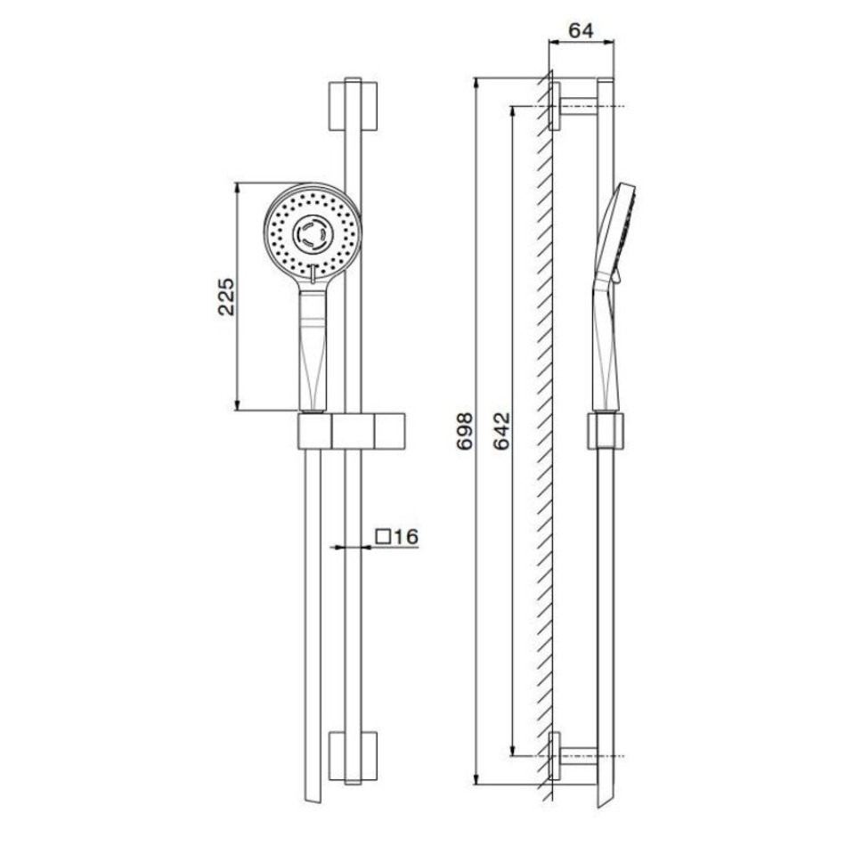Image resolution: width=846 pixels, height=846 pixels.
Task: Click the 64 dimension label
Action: pos(581,30)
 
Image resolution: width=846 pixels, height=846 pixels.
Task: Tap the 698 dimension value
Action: pos(465,431)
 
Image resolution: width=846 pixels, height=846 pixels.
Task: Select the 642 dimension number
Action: pos(502,431)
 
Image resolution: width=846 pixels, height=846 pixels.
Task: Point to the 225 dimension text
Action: pos(226,297)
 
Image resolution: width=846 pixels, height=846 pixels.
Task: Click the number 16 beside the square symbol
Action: pos(406,537)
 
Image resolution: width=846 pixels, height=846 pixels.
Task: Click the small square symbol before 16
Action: pos(384,537)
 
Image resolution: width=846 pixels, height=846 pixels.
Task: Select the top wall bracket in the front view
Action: pos(353,106)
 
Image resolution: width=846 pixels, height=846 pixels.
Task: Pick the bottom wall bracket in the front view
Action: pos(353,756)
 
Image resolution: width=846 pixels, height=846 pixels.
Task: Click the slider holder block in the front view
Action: pos(351,431)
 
